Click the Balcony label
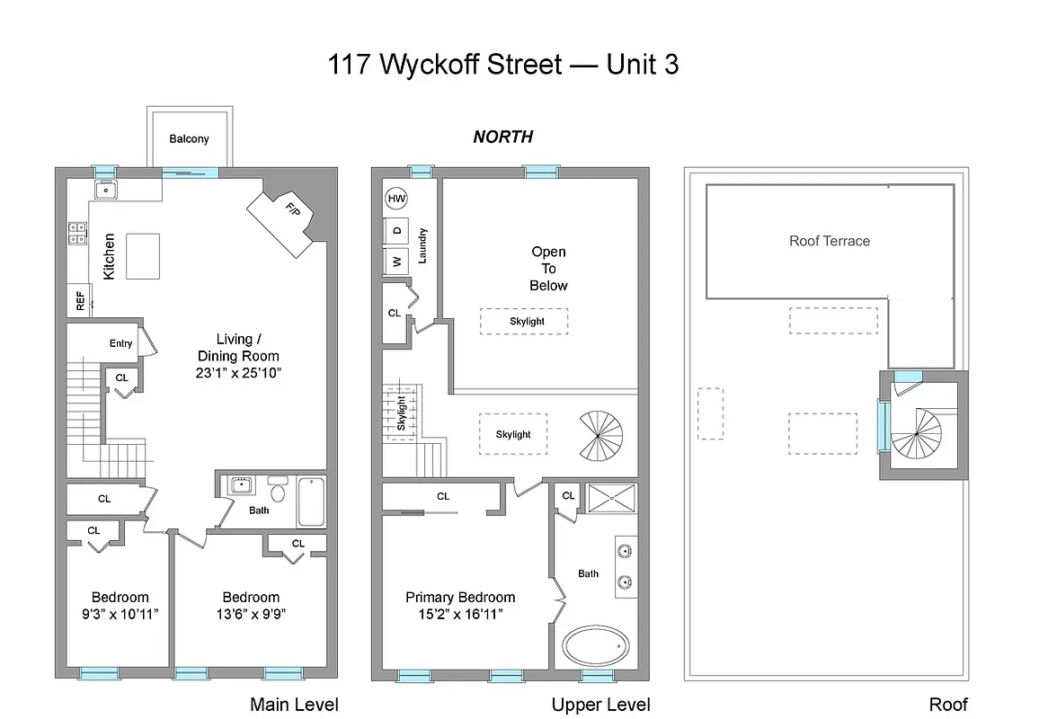point(189,139)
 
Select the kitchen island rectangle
point(143,255)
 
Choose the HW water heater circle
point(395,199)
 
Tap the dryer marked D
point(396,230)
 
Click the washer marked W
point(396,262)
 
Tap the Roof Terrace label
point(829,241)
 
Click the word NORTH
point(502,137)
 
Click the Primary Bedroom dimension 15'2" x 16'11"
point(460,615)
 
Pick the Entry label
point(120,343)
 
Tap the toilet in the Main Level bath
point(278,491)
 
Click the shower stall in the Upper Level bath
point(611,499)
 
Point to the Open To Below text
point(548,269)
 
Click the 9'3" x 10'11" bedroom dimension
point(120,615)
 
